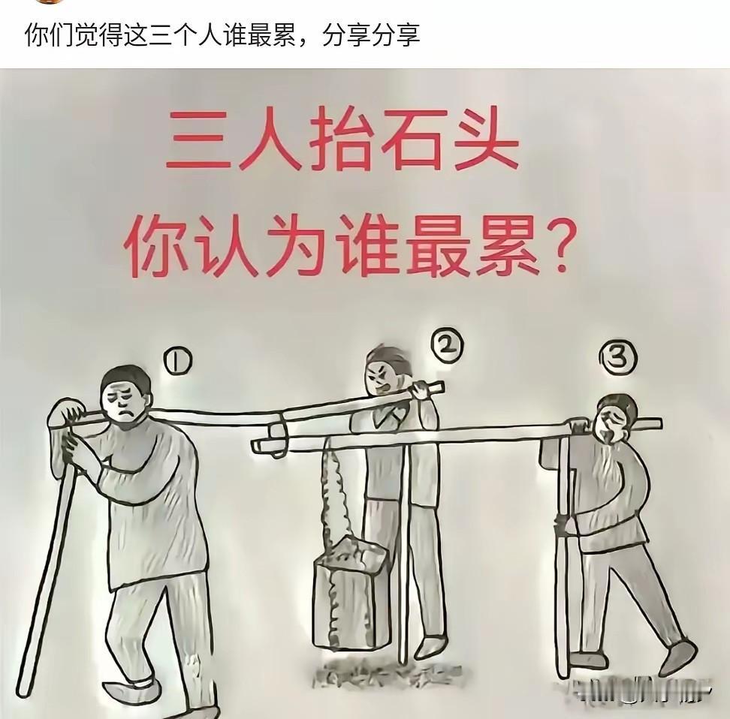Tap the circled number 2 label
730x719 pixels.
(448, 345)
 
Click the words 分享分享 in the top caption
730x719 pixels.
(370, 35)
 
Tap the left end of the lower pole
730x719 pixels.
(260, 447)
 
